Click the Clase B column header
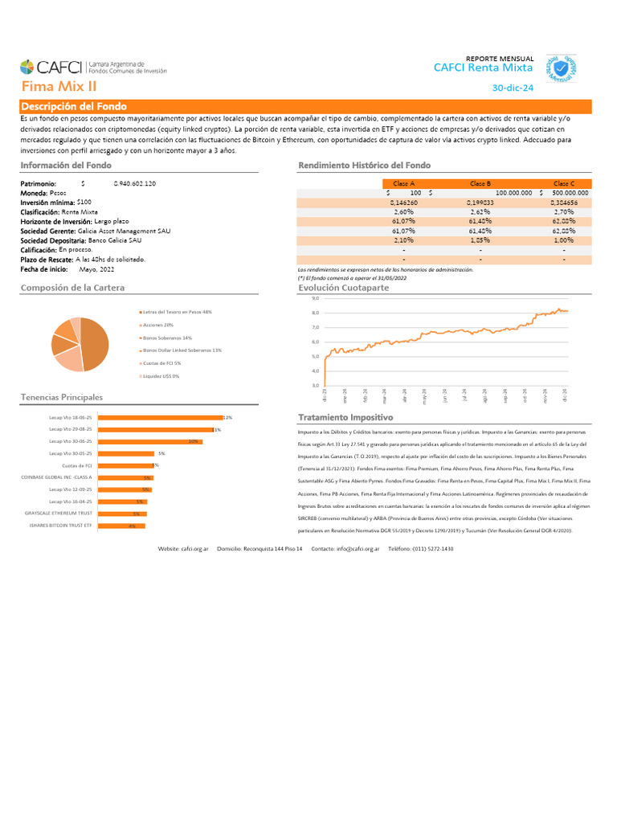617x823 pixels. click(x=480, y=183)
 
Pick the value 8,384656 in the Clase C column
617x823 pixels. click(x=564, y=203)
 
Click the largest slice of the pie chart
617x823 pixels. click(x=96, y=345)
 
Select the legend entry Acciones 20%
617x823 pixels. click(x=158, y=325)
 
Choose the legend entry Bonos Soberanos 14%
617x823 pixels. click(x=167, y=338)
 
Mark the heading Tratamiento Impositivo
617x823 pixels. click(x=345, y=418)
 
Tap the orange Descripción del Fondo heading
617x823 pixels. click(x=68, y=107)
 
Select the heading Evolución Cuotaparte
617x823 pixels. click(x=343, y=287)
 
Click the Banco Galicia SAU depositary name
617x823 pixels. click(x=115, y=240)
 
